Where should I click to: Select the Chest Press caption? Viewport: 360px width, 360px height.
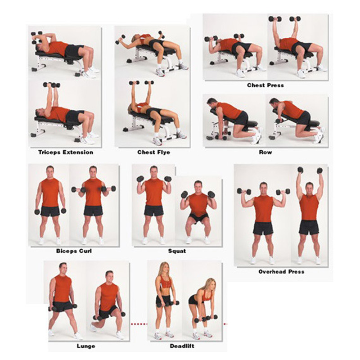(x=265, y=85)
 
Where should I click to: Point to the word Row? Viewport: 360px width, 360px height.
(x=265, y=152)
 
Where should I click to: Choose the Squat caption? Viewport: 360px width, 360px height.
(x=176, y=251)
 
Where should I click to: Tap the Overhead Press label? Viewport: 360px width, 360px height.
(x=281, y=271)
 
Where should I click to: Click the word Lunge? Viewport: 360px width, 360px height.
(x=85, y=346)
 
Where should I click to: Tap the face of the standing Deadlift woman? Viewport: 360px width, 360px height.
(x=164, y=269)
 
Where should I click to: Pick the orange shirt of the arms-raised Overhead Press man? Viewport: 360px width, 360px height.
(x=309, y=207)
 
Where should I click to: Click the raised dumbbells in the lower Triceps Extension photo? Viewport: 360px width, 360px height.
(x=51, y=85)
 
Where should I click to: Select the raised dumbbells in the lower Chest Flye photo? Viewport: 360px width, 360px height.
(x=141, y=83)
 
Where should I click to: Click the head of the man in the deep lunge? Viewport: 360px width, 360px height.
(x=108, y=276)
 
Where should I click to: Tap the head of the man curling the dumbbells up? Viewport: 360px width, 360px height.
(x=93, y=172)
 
